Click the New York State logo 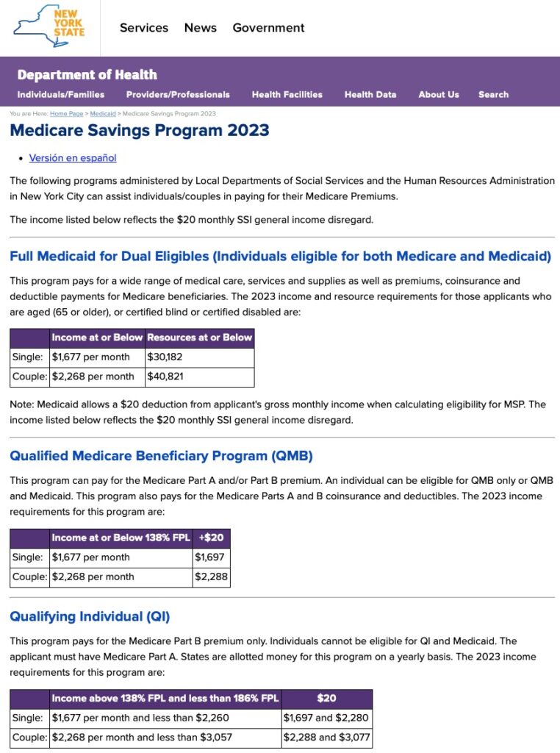49,27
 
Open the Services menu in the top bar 144,28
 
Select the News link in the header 201,28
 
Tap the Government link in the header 268,28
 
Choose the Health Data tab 370,94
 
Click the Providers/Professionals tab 178,94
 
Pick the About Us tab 439,94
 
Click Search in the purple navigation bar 493,94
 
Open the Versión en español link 73,157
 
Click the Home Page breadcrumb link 67,114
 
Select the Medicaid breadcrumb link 103,114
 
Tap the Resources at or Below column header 200,338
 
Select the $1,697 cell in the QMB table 210,557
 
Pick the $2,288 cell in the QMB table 210,577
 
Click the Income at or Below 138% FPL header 121,538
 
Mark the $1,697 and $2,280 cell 326,718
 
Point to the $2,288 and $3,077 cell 326,737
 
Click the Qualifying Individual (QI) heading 90,616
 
